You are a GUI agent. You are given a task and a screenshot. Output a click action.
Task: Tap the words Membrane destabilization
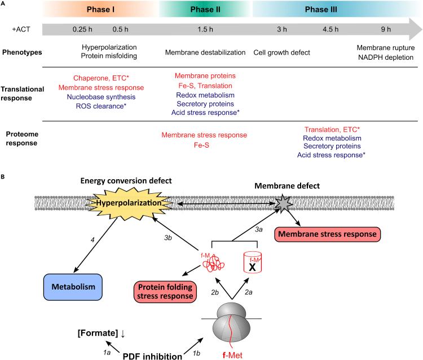205,52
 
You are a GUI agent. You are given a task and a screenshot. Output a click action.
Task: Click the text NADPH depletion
387,57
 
